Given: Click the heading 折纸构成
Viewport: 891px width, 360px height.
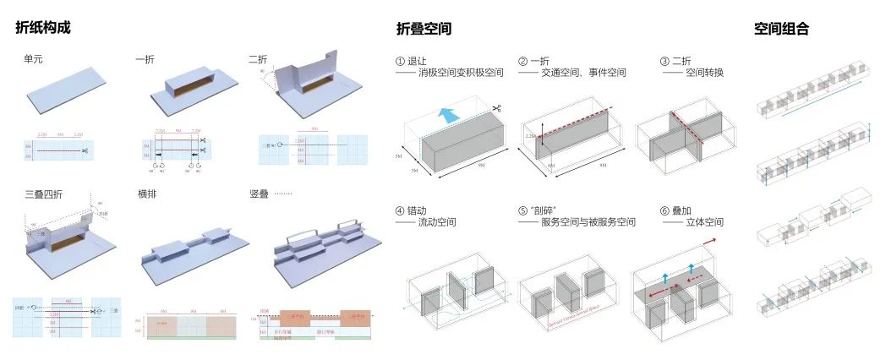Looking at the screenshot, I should (x=42, y=28).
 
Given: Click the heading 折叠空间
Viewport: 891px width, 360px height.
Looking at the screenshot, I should (x=424, y=29).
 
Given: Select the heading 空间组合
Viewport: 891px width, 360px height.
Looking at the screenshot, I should (x=781, y=29).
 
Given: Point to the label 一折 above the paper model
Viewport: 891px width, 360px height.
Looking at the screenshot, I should (x=145, y=60).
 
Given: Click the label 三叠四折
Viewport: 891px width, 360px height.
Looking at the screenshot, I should (x=44, y=194).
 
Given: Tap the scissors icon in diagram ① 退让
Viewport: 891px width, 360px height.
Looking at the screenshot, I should (x=498, y=108).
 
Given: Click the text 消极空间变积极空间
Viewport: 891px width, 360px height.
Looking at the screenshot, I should (x=461, y=74).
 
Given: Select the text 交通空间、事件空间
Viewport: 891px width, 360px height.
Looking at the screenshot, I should (x=584, y=74).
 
